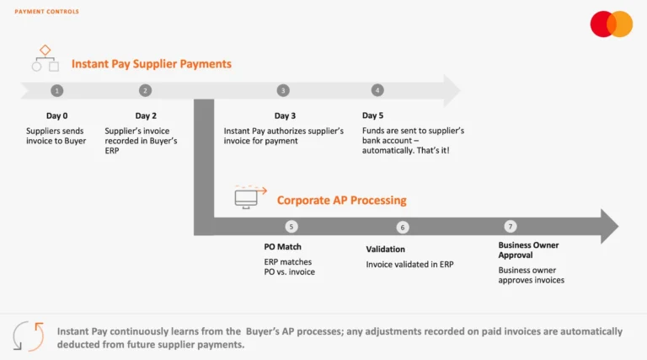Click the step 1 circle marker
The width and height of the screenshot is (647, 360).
pyautogui.click(x=56, y=90)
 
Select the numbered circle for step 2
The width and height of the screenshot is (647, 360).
pyautogui.click(x=146, y=90)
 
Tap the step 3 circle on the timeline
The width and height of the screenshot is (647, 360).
pyautogui.click(x=283, y=90)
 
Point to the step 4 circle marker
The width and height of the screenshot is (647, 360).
pyautogui.click(x=377, y=90)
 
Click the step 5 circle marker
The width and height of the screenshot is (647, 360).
pyautogui.click(x=291, y=226)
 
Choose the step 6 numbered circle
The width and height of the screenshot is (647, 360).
pyautogui.click(x=402, y=227)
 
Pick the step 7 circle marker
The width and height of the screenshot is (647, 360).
pyautogui.click(x=510, y=226)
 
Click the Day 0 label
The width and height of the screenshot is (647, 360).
pyautogui.click(x=56, y=116)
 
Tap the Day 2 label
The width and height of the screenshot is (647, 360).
pyautogui.click(x=146, y=116)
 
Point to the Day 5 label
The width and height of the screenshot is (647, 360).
pyautogui.click(x=373, y=116)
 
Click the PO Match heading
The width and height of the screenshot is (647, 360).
pyautogui.click(x=282, y=248)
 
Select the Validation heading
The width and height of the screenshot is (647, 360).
pyautogui.click(x=385, y=250)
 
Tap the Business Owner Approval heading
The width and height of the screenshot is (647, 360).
pyautogui.click(x=528, y=250)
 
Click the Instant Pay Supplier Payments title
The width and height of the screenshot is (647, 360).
pyautogui.click(x=152, y=64)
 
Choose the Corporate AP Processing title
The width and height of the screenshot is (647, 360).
pyautogui.click(x=341, y=201)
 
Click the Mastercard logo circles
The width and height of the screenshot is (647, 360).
pyautogui.click(x=611, y=24)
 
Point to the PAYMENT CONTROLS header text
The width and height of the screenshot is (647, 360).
pyautogui.click(x=47, y=12)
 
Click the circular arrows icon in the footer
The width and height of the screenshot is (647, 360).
pyautogui.click(x=29, y=336)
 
